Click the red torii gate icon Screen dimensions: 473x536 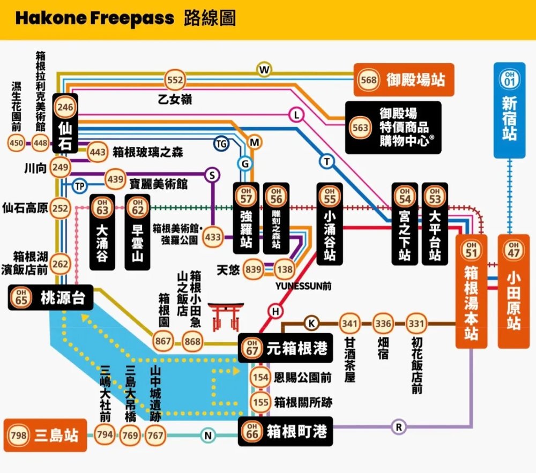[226, 317]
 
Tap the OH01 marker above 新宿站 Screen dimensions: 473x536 [509, 79]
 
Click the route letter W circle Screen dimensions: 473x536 [264, 70]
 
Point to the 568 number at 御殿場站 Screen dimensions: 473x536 [368, 80]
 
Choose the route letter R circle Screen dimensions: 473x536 [398, 427]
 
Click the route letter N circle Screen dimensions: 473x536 [208, 436]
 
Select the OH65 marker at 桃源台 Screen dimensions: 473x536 [21, 298]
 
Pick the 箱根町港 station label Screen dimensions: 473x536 [296, 431]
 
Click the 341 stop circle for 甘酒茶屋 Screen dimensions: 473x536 [349, 324]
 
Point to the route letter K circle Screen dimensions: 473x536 [311, 323]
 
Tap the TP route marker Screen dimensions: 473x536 [80, 186]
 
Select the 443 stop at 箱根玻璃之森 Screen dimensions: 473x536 [98, 152]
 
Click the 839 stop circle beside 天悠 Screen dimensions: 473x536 [253, 269]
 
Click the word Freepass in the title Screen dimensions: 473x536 [132, 18]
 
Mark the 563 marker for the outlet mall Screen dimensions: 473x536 [360, 127]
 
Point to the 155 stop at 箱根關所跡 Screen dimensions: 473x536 [260, 402]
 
